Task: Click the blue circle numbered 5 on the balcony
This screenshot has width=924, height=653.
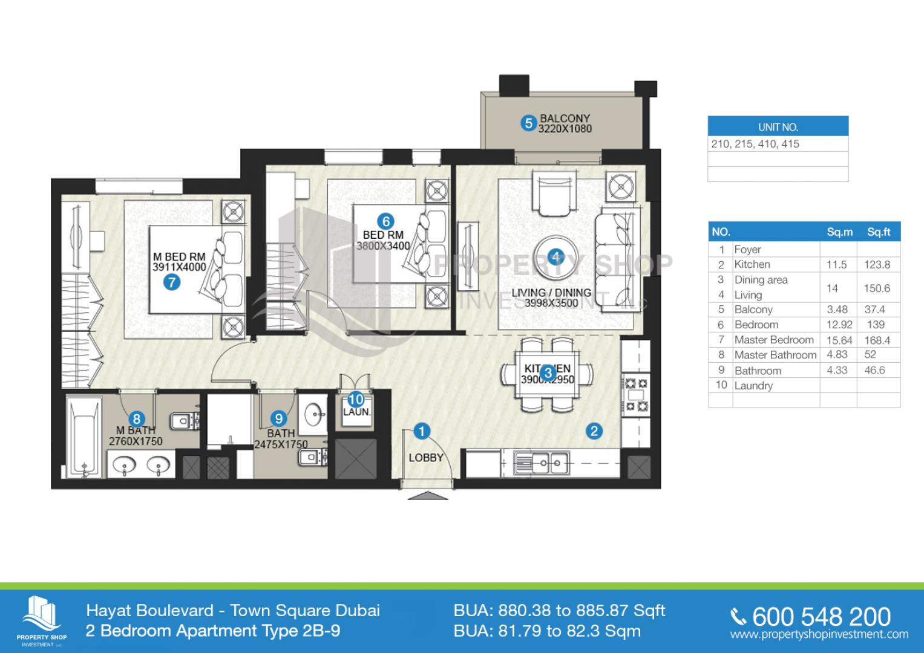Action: pyautogui.click(x=528, y=123)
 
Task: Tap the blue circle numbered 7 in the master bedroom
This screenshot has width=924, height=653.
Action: pyautogui.click(x=172, y=282)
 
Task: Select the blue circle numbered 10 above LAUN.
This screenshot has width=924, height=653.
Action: pyautogui.click(x=356, y=400)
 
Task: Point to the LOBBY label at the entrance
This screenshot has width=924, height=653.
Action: pyautogui.click(x=426, y=458)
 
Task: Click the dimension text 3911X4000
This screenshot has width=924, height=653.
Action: pyautogui.click(x=179, y=267)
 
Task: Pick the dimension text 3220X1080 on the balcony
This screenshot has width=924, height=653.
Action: pyautogui.click(x=565, y=129)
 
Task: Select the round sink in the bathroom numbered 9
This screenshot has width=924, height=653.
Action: pyautogui.click(x=314, y=415)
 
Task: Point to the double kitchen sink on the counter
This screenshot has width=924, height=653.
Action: pyautogui.click(x=541, y=464)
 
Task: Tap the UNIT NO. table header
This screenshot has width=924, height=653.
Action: pyautogui.click(x=778, y=127)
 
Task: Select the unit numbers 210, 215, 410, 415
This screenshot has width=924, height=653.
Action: pyautogui.click(x=755, y=144)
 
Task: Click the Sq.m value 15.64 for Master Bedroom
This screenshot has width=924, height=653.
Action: pyautogui.click(x=838, y=340)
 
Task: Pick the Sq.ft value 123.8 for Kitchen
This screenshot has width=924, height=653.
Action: pyautogui.click(x=877, y=264)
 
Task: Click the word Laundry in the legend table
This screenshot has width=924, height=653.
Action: pyautogui.click(x=753, y=385)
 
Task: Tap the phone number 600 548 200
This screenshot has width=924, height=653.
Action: pyautogui.click(x=821, y=616)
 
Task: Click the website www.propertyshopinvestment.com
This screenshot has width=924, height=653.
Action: pyautogui.click(x=819, y=634)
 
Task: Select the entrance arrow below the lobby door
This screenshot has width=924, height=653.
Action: pyautogui.click(x=428, y=496)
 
